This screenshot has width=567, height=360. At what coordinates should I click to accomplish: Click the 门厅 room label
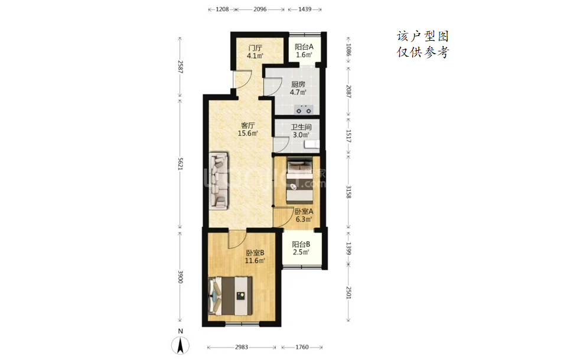pyautogui.click(x=255, y=48)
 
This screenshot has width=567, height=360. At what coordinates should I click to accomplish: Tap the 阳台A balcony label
pyautogui.click(x=304, y=47)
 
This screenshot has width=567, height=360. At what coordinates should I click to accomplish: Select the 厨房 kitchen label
pyautogui.click(x=298, y=84)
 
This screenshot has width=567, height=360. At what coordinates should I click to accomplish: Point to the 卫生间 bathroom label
pyautogui.click(x=301, y=127)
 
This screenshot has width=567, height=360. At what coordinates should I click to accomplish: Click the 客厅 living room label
pyautogui.click(x=248, y=126)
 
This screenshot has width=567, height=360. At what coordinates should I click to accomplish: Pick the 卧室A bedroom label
pyautogui.click(x=304, y=211)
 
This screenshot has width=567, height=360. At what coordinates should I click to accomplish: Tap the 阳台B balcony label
pyautogui.click(x=301, y=244)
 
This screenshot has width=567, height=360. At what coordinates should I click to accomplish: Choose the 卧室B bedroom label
pyautogui.click(x=255, y=253)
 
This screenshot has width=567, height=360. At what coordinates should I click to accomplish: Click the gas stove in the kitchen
pyautogui.click(x=304, y=109)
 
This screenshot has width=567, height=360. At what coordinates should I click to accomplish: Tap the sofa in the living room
pyautogui.click(x=219, y=181)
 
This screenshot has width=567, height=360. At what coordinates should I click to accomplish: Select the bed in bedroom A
pyautogui.click(x=300, y=181)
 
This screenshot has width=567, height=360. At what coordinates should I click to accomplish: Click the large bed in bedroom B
pyautogui.click(x=230, y=295)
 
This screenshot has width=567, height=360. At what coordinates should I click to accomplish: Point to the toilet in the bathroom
pyautogui.click(x=312, y=145)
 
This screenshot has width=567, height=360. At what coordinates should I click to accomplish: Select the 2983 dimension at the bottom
pyautogui.click(x=242, y=348)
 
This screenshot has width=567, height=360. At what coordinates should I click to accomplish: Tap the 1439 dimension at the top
pyautogui.click(x=305, y=9)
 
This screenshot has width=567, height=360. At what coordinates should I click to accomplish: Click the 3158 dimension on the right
pyautogui.click(x=348, y=192)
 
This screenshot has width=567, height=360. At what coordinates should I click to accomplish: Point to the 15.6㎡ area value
pyautogui.click(x=247, y=133)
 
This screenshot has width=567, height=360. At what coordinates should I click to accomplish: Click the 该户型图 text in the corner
pyautogui.click(x=423, y=36)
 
